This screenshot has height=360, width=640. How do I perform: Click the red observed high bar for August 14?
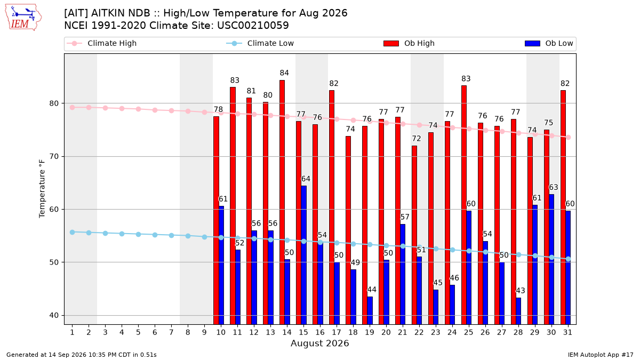click(x=282, y=202)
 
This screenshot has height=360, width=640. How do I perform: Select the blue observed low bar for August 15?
click(x=303, y=255)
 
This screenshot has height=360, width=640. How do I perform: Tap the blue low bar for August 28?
click(x=518, y=311)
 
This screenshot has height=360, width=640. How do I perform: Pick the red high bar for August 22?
click(x=414, y=235)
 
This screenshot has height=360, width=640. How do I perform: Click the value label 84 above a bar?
click(x=284, y=73)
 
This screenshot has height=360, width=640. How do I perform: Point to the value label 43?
click(x=521, y=291)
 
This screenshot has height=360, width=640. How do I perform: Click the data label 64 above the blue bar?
click(x=306, y=179)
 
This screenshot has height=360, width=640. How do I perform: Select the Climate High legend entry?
click(x=102, y=43)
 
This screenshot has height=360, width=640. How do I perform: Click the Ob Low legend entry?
click(x=549, y=43)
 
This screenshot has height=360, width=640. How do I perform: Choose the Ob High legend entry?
click(x=409, y=43)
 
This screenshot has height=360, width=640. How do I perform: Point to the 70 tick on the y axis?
click(x=54, y=157)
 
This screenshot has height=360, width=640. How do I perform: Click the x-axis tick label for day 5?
click(x=138, y=332)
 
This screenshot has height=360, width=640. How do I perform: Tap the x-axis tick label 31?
click(x=567, y=332)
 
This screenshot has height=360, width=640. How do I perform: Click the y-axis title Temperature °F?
click(x=42, y=189)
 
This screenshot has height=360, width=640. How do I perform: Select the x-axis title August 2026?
click(x=319, y=343)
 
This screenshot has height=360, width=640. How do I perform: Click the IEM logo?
click(x=23, y=18)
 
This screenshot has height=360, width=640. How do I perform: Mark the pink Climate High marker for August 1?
click(x=73, y=107)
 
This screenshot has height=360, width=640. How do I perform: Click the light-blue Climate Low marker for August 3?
click(x=106, y=234)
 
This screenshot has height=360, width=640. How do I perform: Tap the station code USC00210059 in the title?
click(x=253, y=26)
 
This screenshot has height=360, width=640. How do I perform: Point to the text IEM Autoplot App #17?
click(x=601, y=355)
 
